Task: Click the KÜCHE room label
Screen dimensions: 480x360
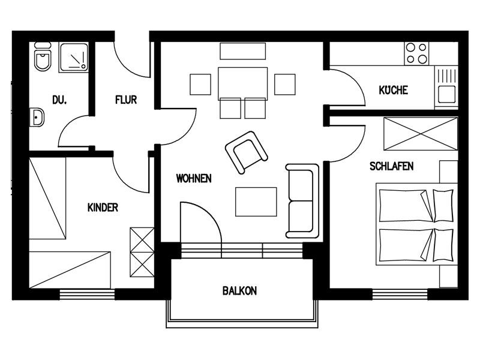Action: (x=394, y=90)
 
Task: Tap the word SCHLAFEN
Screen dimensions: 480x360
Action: (x=392, y=166)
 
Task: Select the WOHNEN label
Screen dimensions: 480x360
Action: (x=194, y=178)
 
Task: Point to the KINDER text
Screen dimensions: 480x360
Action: (x=103, y=208)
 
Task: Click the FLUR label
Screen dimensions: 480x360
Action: (x=126, y=100)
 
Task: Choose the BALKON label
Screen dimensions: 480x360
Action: (x=239, y=290)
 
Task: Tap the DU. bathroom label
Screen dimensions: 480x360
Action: (x=59, y=100)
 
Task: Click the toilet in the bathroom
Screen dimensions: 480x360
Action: (x=43, y=56)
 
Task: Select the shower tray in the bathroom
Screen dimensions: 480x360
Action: (x=73, y=58)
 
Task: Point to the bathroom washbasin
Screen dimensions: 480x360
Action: (x=37, y=117)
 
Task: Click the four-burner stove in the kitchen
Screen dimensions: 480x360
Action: (x=416, y=53)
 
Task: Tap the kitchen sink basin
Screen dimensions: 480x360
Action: (x=446, y=94)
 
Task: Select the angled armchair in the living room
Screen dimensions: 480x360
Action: (x=247, y=152)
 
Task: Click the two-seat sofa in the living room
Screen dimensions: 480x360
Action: (x=302, y=201)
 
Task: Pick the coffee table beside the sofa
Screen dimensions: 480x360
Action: (x=256, y=202)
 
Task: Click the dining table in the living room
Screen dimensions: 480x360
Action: (x=243, y=83)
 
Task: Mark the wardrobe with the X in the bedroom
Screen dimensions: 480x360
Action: (x=421, y=134)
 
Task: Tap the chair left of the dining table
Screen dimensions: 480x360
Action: (x=200, y=84)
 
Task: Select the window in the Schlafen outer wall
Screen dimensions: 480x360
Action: (x=400, y=294)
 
